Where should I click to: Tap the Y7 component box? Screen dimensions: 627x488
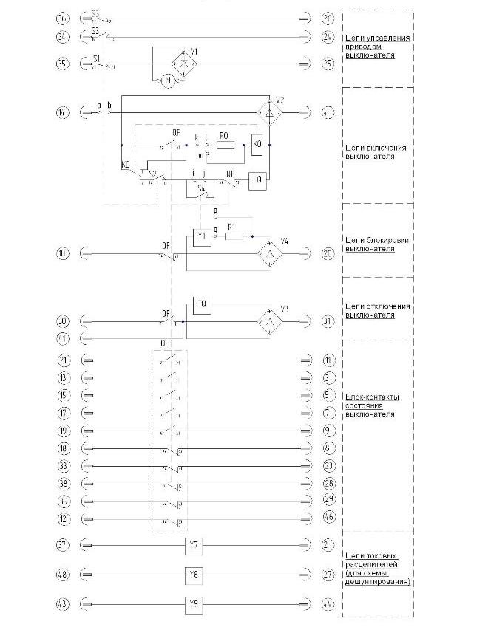194,546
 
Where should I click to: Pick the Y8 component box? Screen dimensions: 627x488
194,574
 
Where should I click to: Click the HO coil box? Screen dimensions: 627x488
258,179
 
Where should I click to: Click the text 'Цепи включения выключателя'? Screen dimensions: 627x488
369,151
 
